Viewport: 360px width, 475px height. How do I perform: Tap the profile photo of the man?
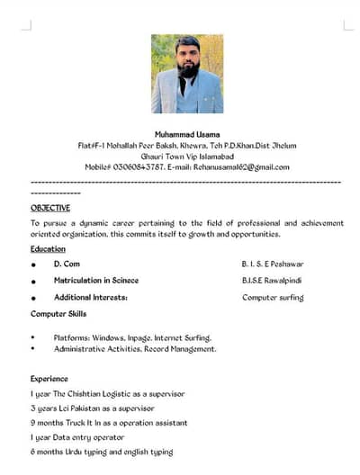[x=187, y=74]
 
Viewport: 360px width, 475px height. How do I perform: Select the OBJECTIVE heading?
[x=50, y=208]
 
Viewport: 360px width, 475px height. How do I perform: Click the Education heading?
[x=48, y=248]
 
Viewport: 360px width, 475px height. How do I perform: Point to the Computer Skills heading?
[x=58, y=313]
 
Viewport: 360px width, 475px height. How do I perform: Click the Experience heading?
[x=49, y=379]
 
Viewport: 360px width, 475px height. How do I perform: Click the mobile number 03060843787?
[x=139, y=166]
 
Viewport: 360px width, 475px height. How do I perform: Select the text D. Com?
[x=67, y=264]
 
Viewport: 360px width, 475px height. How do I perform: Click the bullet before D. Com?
[x=33, y=265]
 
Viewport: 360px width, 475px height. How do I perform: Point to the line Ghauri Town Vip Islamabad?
[x=187, y=156]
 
